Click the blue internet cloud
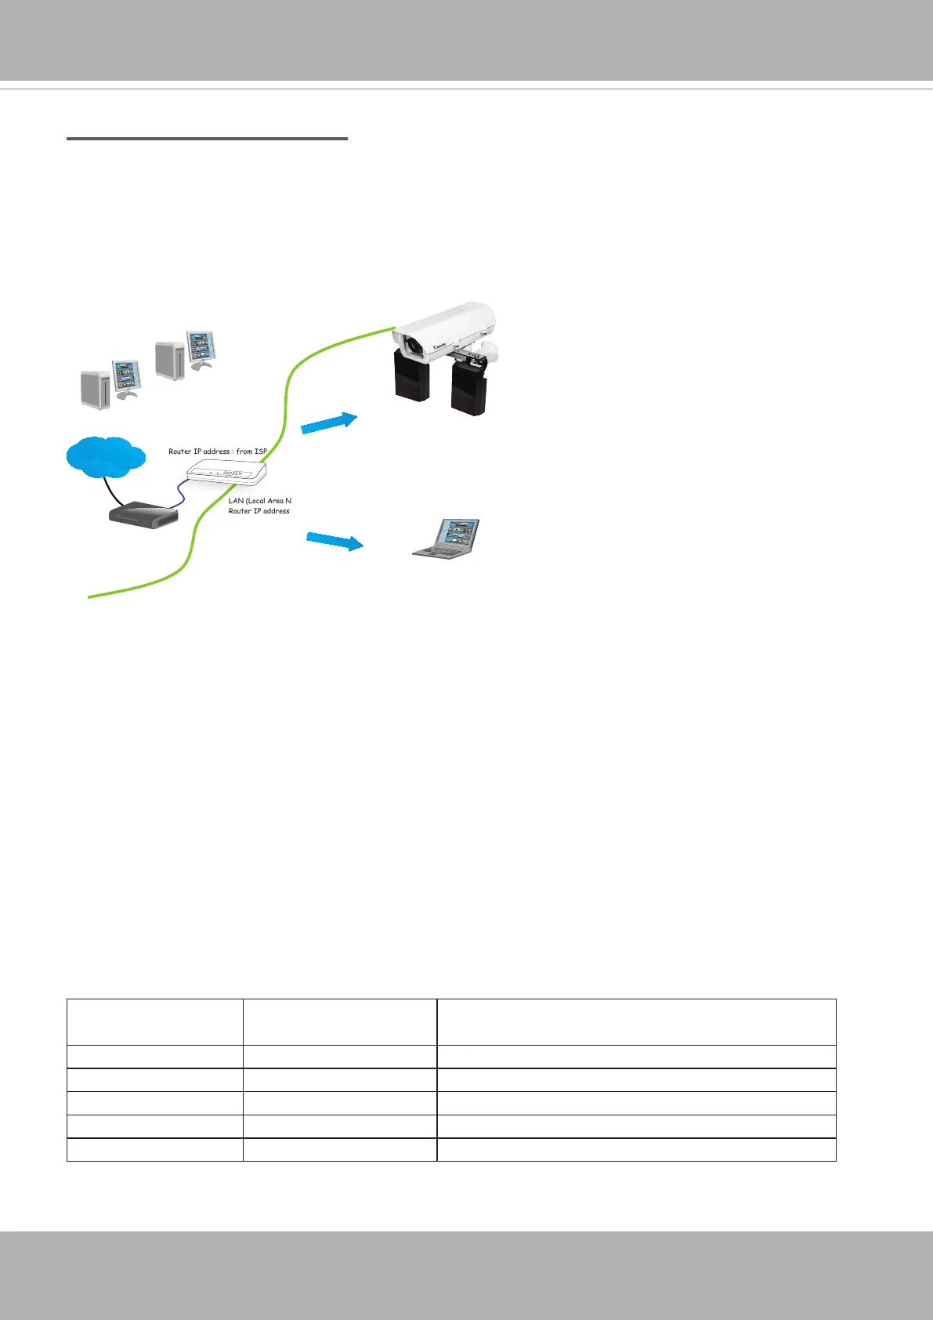(x=106, y=456)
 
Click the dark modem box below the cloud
(x=143, y=515)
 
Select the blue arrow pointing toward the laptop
(x=335, y=540)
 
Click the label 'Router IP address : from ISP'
(x=218, y=451)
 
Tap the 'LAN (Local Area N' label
(x=260, y=500)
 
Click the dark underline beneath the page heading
(x=207, y=139)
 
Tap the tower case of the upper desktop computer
(x=169, y=359)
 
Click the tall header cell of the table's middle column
(x=339, y=1021)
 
